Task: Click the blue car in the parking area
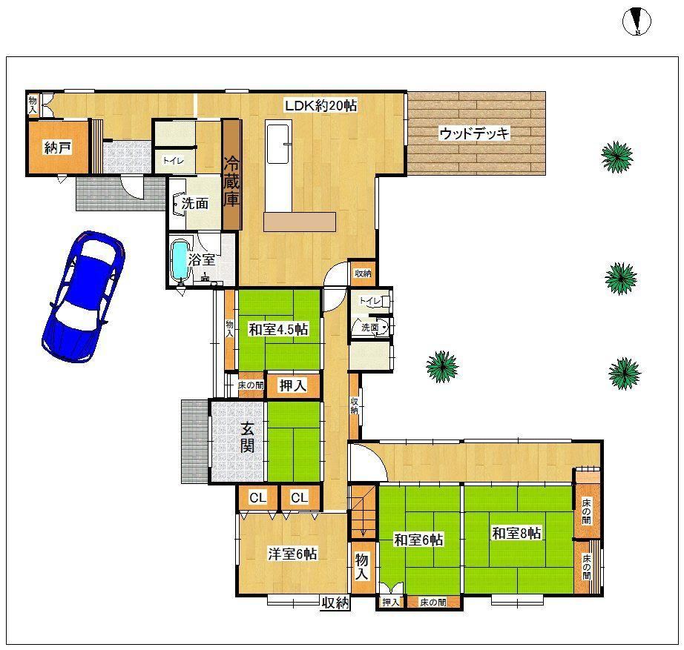[x=83, y=296]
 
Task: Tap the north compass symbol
[x=637, y=21]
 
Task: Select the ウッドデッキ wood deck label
[x=474, y=133]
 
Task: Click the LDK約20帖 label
[x=320, y=105]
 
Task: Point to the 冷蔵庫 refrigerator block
[x=231, y=174]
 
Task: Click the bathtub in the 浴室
[x=180, y=261]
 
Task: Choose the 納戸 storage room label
[x=58, y=147]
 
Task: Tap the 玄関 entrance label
[x=247, y=438]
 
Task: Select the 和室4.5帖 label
[x=278, y=329]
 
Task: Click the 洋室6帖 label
[x=292, y=554]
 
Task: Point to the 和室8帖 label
[x=516, y=533]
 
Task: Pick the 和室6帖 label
[x=418, y=540]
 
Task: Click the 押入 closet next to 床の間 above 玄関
[x=293, y=385]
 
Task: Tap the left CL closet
[x=258, y=497]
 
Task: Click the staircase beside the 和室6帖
[x=364, y=512]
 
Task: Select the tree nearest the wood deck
[x=616, y=157]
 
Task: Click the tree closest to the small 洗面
[x=442, y=367]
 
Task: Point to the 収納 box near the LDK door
[x=363, y=273]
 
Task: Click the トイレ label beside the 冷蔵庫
[x=173, y=160]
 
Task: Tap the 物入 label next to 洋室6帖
[x=361, y=567]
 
